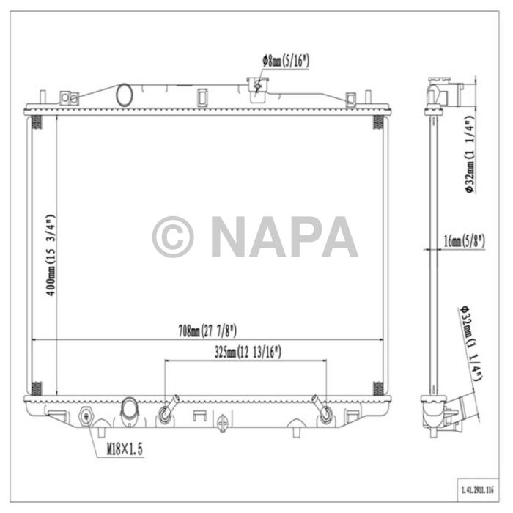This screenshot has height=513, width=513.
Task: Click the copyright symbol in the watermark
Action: pos(173,237)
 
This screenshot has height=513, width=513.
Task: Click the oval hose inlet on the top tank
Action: pos(125,95)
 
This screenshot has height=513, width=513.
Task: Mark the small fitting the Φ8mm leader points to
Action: pos(257,87)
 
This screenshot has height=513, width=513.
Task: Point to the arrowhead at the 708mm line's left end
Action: pos(34,339)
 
